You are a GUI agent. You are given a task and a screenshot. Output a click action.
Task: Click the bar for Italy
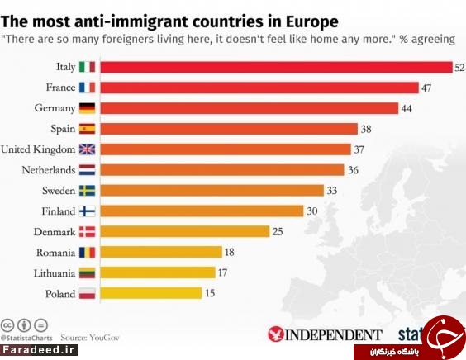coord(277,67)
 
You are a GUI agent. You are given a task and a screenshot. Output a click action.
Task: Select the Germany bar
coord(250,108)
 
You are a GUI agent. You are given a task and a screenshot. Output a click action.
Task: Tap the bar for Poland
coord(151,293)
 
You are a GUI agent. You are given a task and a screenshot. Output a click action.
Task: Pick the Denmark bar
coord(185,231)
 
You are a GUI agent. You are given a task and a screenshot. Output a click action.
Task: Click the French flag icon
coord(87,88)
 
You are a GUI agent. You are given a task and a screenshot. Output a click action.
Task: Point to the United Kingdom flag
coord(87,149)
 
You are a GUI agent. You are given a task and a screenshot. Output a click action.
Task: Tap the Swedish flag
coord(87,191)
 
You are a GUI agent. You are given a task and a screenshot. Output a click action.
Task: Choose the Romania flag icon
coord(87,253)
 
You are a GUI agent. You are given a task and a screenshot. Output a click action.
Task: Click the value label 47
coord(426,88)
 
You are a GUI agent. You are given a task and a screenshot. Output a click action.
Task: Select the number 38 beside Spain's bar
coord(366,129)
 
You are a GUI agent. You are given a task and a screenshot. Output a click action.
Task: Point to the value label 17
coord(222,272)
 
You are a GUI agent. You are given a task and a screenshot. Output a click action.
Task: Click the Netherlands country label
coord(49,170)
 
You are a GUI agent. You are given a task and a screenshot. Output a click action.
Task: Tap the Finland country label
coord(59,211)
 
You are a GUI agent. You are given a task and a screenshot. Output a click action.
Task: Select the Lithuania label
coord(55,273)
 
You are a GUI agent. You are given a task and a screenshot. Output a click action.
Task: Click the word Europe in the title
coord(312,21)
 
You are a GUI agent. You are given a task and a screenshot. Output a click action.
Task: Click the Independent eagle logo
coord(275,334)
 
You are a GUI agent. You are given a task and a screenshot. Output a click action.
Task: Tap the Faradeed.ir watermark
coord(39,350)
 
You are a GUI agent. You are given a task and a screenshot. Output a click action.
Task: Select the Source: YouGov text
coord(90,338)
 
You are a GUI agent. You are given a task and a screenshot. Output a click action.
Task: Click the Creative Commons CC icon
coord(7,325)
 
